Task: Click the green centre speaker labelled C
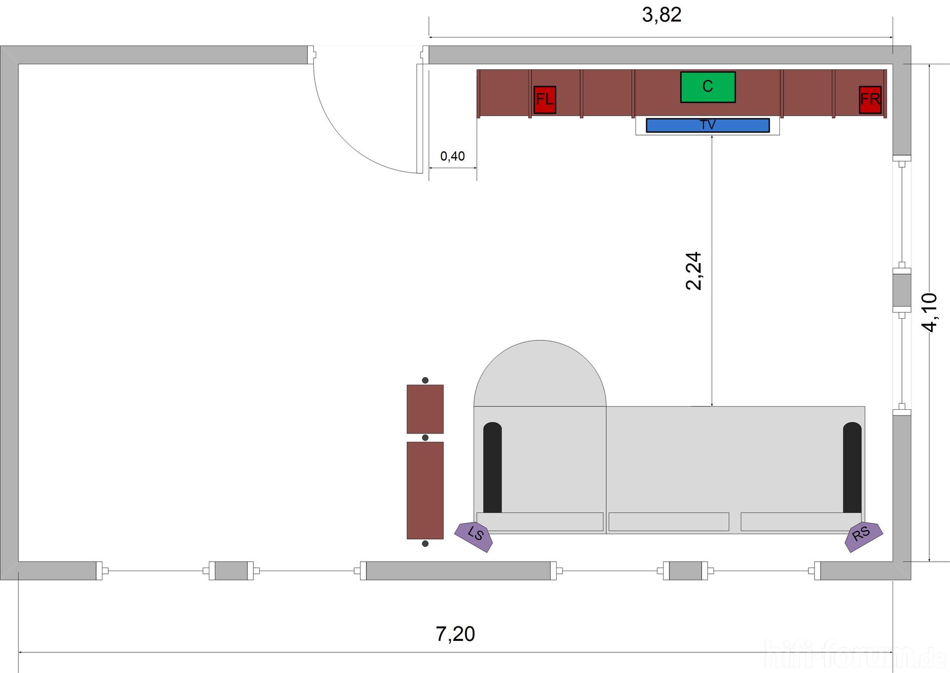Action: [708, 87]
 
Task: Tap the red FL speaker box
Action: [545, 99]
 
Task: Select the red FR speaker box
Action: [870, 99]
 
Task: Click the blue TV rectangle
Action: [708, 125]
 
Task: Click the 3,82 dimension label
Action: [662, 15]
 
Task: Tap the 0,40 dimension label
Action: [452, 156]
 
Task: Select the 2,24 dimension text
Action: [693, 271]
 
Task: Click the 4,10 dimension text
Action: [929, 312]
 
